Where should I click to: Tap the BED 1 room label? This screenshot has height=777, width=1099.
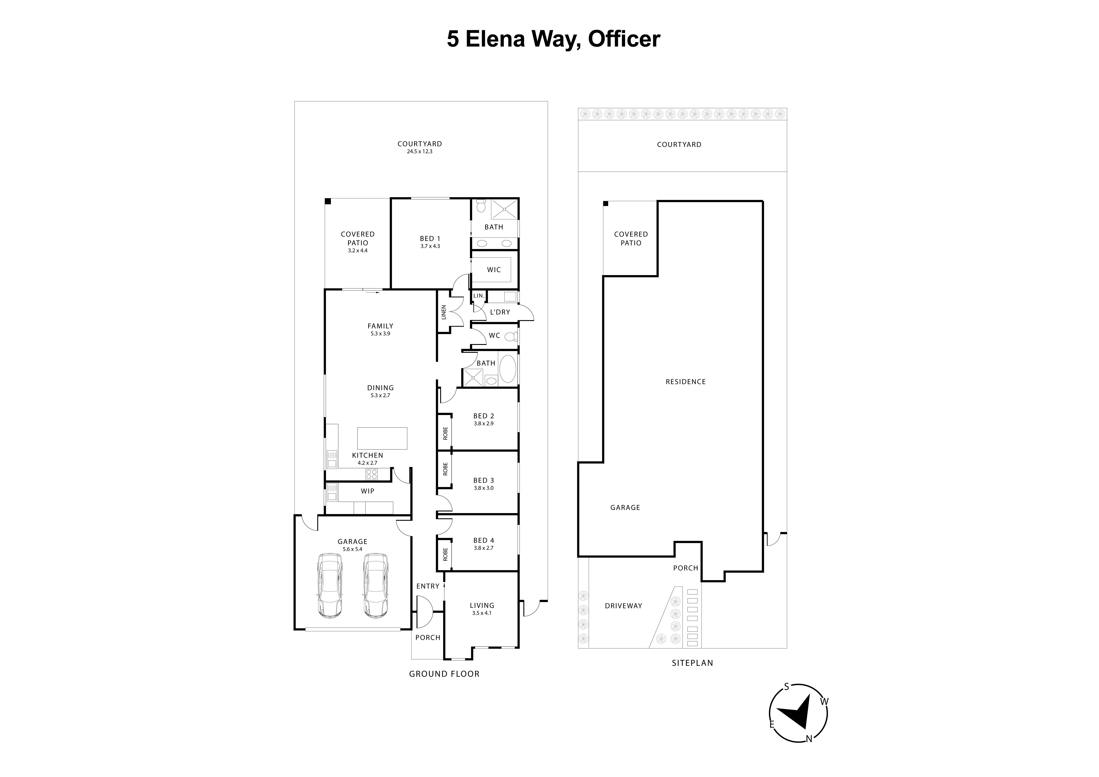tap(430, 238)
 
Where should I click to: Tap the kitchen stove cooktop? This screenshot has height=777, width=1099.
tap(372, 474)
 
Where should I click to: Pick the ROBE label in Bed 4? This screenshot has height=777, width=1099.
tap(445, 554)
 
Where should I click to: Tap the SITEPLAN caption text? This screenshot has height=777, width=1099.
tap(692, 663)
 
